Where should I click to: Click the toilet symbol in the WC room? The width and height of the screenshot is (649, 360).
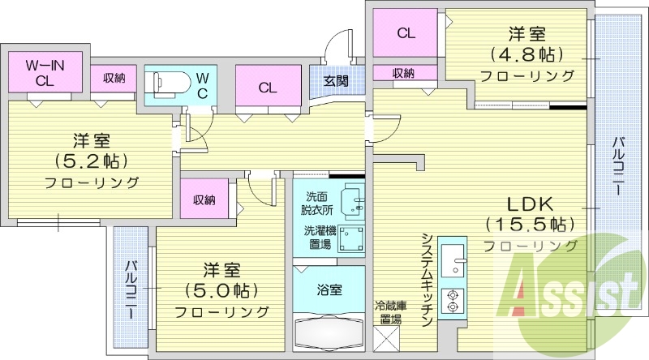[167, 82]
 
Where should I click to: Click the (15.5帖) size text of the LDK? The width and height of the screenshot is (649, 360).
[529, 223]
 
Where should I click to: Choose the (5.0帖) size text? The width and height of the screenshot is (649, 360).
[220, 289]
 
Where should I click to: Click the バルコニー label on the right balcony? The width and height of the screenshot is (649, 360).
[617, 165]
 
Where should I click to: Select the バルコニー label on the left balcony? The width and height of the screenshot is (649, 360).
[131, 289]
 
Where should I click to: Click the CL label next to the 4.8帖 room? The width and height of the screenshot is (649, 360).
[406, 33]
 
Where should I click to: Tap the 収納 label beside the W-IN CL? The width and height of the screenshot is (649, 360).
[114, 79]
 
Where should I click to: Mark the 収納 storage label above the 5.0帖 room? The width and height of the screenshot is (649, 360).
[204, 200]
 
